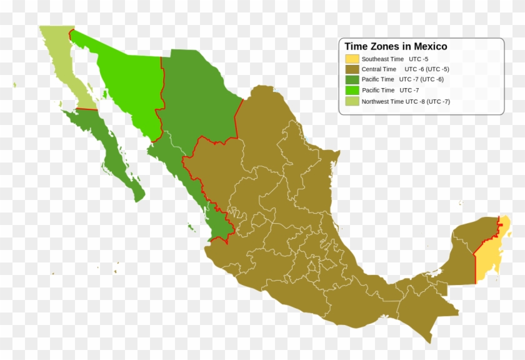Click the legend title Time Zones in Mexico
click(x=396, y=46)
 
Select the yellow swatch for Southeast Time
click(x=352, y=59)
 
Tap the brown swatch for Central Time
click(x=352, y=69)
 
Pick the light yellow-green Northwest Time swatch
click(x=352, y=101)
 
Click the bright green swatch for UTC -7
click(x=352, y=91)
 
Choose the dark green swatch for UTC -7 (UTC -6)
click(x=352, y=80)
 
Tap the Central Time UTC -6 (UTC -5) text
click(x=405, y=69)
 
